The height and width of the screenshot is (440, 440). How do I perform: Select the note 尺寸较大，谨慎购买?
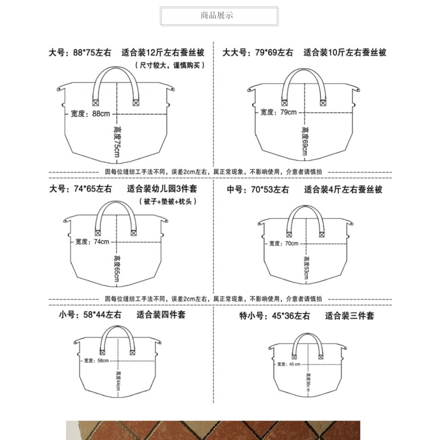(170, 65)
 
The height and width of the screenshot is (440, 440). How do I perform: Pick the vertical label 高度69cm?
(304, 140)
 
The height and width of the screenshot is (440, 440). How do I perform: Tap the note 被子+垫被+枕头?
(167, 202)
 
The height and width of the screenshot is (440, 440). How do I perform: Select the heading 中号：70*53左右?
(257, 190)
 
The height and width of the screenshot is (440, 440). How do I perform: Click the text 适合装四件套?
(161, 315)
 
